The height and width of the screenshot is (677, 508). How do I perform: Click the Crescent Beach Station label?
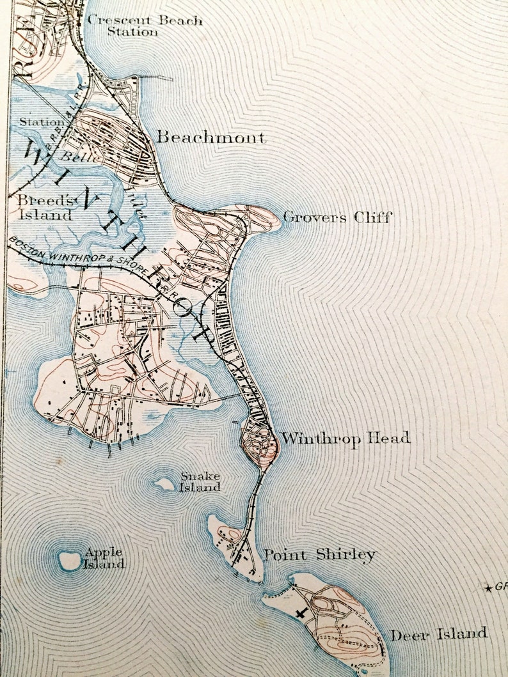145,26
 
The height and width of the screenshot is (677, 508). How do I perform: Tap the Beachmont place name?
211,137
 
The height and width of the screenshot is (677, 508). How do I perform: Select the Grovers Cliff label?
337,217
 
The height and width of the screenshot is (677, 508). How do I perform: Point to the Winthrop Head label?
345,439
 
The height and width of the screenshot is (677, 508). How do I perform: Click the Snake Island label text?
200,481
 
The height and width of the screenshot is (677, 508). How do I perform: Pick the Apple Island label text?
104,558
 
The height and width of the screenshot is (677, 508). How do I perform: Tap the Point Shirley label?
320,554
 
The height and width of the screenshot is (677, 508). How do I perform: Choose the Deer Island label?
439,634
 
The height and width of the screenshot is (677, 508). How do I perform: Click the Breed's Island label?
45,206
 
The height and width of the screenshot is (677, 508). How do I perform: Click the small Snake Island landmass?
166,484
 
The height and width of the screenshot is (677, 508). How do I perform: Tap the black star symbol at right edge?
489,588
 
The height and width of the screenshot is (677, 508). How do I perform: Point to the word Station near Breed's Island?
42,121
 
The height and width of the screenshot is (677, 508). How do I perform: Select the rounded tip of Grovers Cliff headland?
269,217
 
